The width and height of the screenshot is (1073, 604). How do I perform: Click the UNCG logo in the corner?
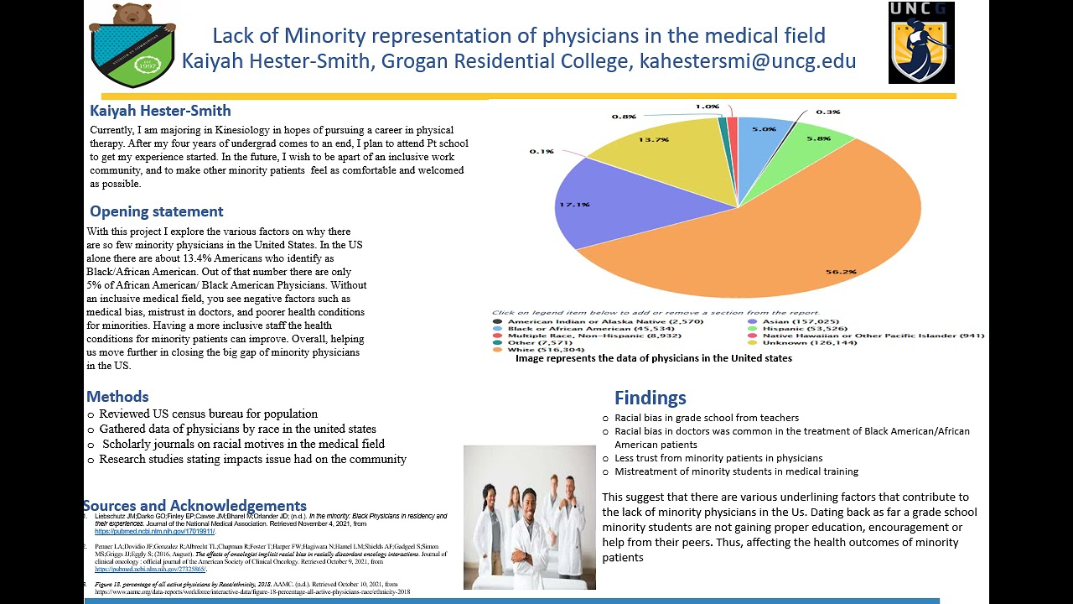tap(920, 43)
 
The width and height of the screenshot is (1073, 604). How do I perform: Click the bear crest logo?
tap(132, 44)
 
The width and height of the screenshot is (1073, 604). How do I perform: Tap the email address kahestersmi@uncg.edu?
tap(748, 61)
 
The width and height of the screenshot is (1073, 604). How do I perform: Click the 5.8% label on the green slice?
tap(818, 138)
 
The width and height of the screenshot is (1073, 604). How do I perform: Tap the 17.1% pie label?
tap(575, 204)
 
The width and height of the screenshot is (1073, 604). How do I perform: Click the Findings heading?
tap(650, 398)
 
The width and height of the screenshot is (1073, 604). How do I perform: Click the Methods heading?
tap(117, 397)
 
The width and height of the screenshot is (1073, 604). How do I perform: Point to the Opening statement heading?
tap(156, 211)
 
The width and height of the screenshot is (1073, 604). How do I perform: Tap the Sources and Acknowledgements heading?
tap(194, 506)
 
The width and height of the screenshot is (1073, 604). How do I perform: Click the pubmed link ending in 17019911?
tap(154, 531)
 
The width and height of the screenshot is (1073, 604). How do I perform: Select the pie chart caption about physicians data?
tap(653, 358)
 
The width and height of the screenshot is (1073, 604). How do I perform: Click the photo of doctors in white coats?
tap(529, 517)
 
